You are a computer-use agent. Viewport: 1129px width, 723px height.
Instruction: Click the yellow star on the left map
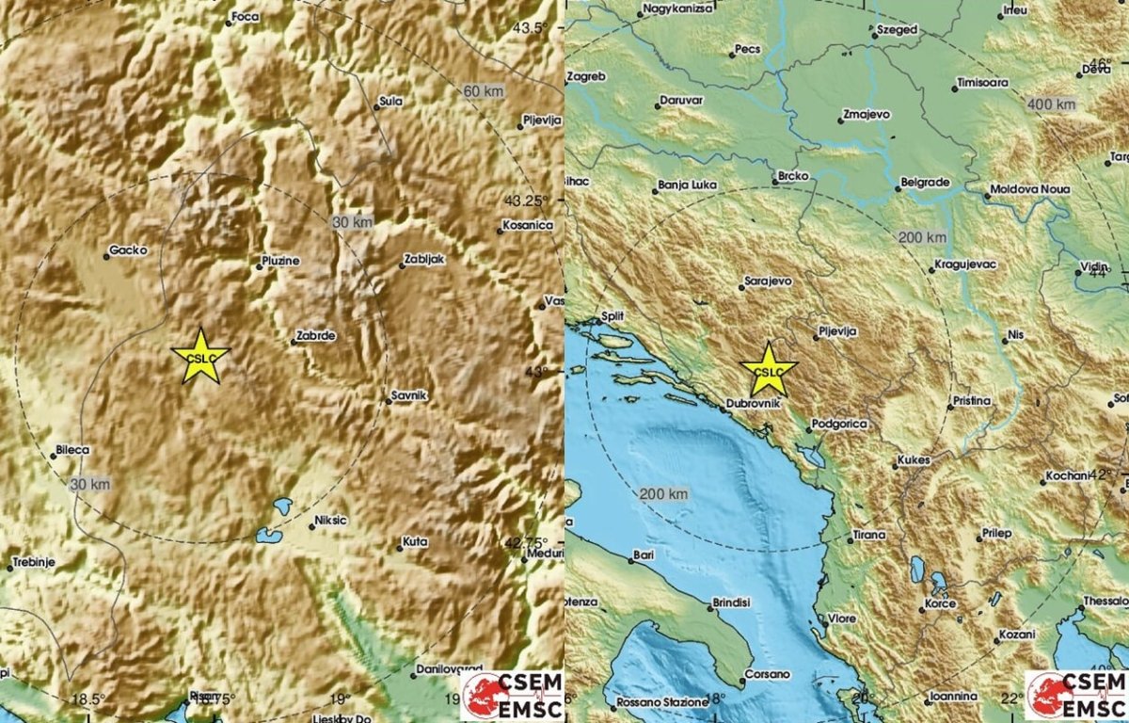click(x=200, y=356)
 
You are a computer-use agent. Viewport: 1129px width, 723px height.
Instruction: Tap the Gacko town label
click(x=124, y=251)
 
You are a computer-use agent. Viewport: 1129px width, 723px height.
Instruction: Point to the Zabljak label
click(x=424, y=259)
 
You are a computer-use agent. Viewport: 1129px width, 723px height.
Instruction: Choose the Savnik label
click(x=410, y=396)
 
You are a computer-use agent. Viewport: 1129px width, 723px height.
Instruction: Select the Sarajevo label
click(x=768, y=281)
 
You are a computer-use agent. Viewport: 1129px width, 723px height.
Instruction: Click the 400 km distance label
click(x=1052, y=103)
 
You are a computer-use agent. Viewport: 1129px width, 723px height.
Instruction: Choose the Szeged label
click(x=894, y=30)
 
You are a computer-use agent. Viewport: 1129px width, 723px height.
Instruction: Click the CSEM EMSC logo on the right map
click(x=1074, y=694)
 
